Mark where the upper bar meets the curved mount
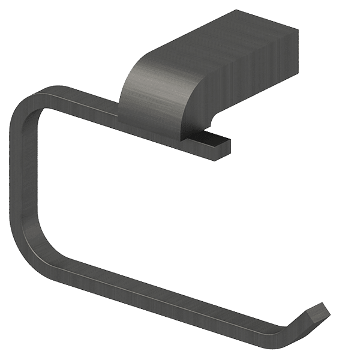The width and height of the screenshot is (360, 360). [123, 114]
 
